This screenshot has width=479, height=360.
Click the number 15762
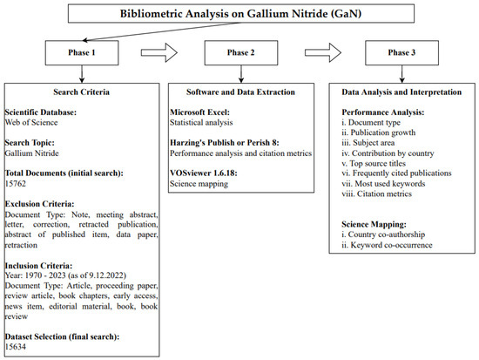point(20,184)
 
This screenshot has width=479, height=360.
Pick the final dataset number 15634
point(20,345)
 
